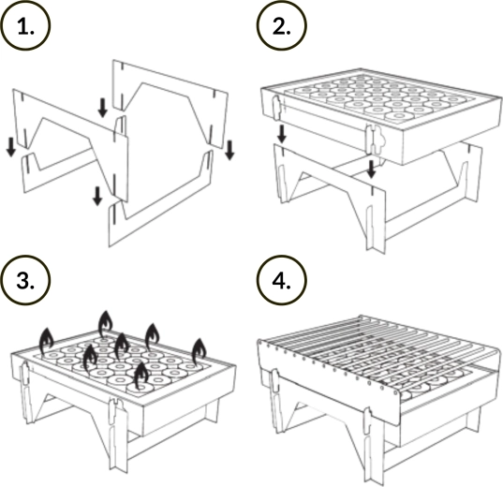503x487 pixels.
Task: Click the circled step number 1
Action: [25, 25]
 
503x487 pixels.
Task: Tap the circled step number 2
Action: [282, 25]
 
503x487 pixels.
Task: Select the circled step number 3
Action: [25, 280]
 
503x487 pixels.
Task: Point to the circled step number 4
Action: [282, 280]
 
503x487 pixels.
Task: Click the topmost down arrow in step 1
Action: [103, 108]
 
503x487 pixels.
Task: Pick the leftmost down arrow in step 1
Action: [11, 147]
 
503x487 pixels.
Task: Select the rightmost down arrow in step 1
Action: [229, 150]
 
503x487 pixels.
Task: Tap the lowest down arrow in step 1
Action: [97, 197]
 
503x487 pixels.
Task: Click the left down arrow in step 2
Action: [282, 134]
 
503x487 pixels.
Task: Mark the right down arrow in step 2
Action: [371, 170]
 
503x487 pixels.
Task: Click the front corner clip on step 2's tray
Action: [374, 140]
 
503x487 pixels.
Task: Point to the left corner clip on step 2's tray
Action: [276, 108]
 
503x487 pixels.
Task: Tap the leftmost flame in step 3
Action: [46, 341]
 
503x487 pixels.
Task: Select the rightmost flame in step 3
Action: [199, 352]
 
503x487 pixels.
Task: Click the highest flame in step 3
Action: [106, 324]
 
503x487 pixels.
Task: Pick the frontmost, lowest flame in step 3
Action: [141, 376]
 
